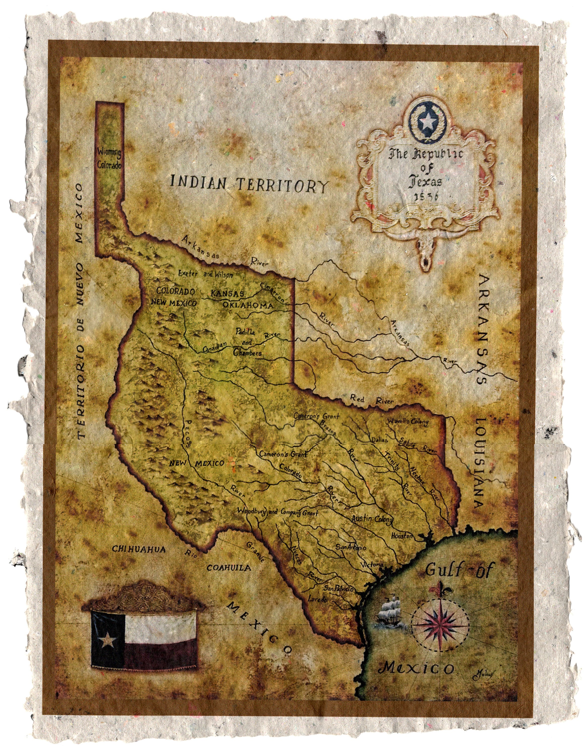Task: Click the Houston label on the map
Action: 402,536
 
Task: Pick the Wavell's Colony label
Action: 408,422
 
